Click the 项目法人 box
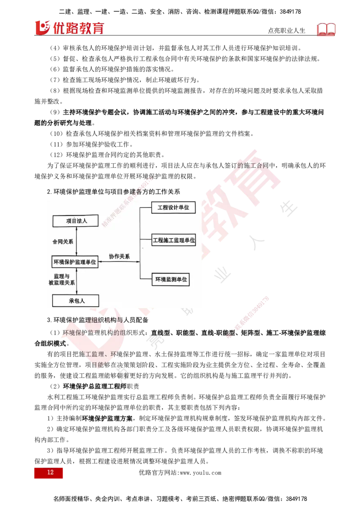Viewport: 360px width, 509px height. tap(76, 221)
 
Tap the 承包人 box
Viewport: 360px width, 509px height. tap(76, 300)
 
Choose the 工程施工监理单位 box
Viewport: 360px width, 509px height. tap(174, 240)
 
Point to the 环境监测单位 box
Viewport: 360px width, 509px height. tap(171, 279)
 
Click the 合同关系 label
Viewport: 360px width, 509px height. tap(63, 241)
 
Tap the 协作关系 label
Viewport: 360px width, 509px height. tap(119, 257)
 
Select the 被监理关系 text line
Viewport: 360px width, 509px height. tap(62, 283)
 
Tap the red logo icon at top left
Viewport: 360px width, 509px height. tap(41, 27)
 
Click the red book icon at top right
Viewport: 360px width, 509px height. tap(328, 30)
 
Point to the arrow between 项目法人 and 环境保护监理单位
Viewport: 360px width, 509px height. tap(77, 242)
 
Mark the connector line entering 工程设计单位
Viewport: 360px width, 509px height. tap(146, 208)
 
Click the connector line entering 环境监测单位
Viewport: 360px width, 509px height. tap(146, 279)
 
